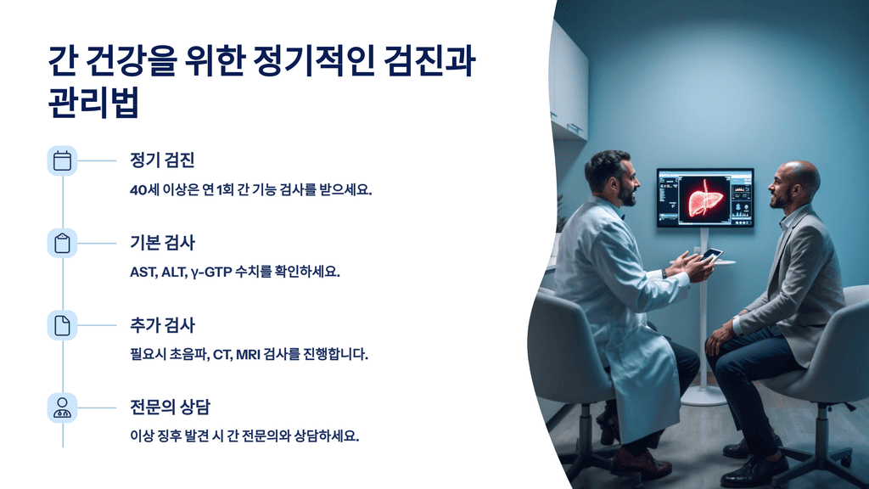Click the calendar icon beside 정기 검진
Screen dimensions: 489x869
tap(62, 160)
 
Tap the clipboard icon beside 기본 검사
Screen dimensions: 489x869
tap(62, 243)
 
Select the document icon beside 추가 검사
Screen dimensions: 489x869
tap(62, 325)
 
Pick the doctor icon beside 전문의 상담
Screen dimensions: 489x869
tap(62, 407)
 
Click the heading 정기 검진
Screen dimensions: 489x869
tap(163, 160)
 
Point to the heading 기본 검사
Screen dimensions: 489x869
tap(163, 243)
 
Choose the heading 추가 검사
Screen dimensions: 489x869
tap(163, 325)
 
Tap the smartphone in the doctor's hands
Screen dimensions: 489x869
tap(711, 254)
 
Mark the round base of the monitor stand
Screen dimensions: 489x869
tap(704, 395)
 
